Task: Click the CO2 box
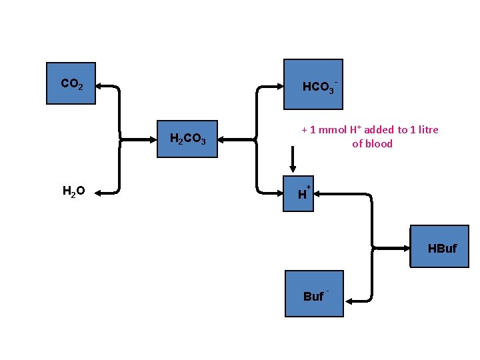(x=71, y=83)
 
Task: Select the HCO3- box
(x=313, y=84)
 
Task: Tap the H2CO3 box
(x=187, y=139)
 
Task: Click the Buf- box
(x=314, y=293)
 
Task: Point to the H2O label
(x=73, y=192)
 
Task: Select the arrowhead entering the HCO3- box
(x=279, y=86)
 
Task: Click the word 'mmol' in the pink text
(x=331, y=130)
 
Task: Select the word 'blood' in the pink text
(x=379, y=144)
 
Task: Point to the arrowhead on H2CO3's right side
(x=222, y=139)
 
